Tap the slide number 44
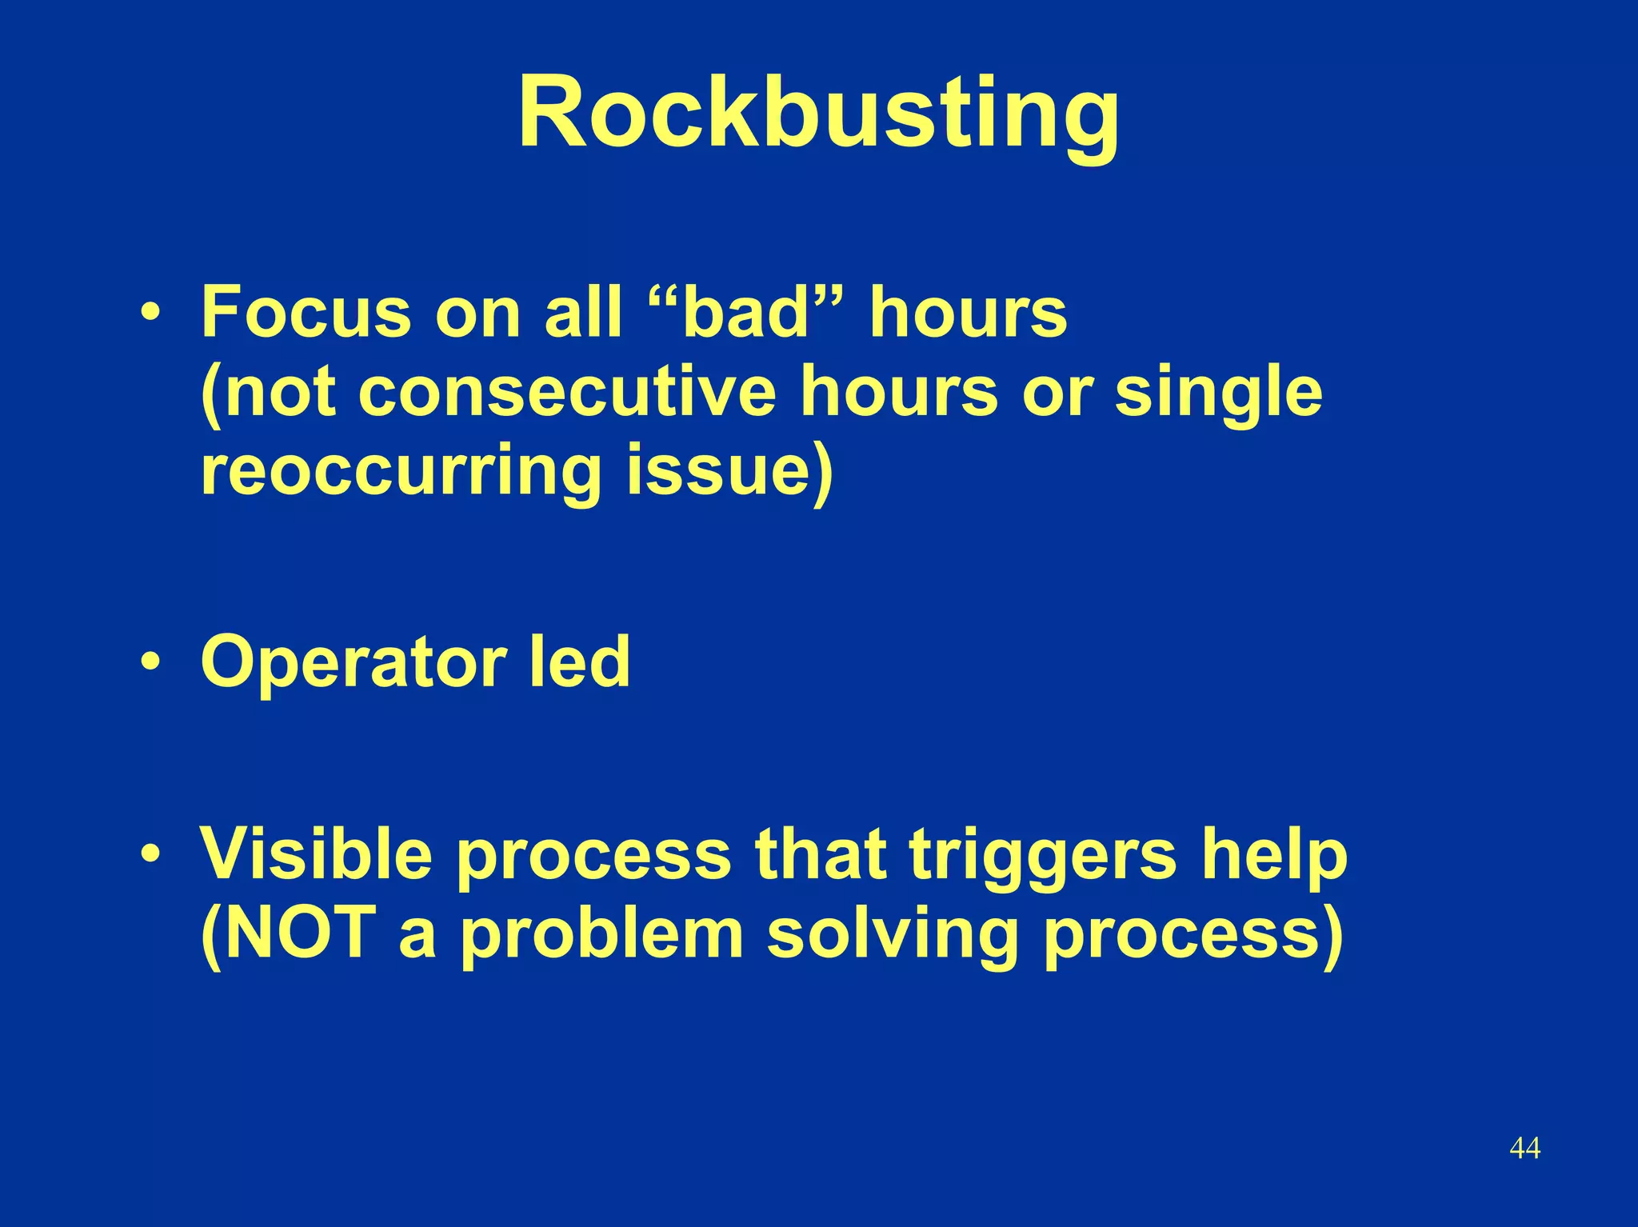(1524, 1148)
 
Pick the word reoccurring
(400, 472)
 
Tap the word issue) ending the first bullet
(729, 472)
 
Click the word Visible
(316, 853)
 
